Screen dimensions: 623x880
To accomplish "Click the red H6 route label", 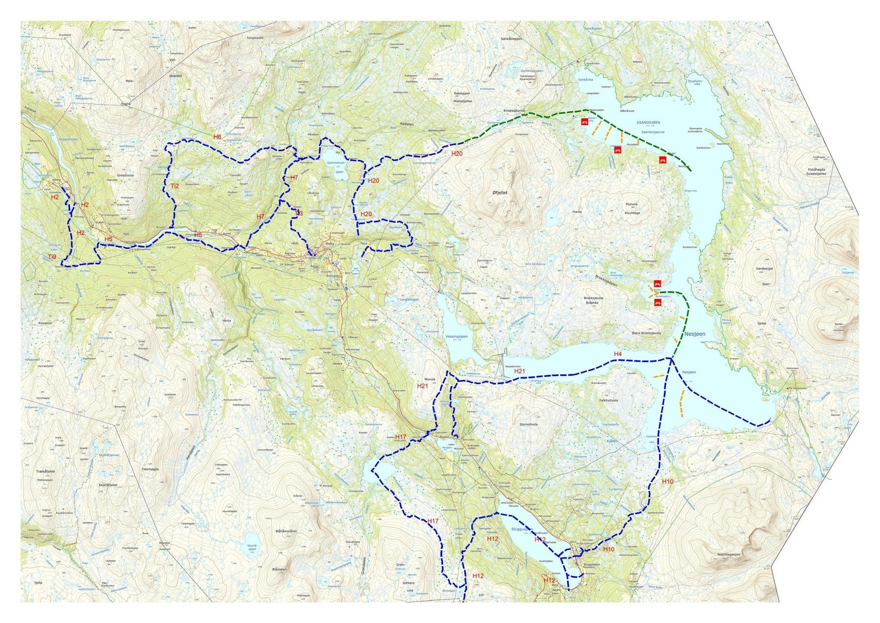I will click(217, 136).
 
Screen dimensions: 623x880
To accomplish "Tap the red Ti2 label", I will click(174, 186).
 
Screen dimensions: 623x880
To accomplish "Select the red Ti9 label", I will click(52, 257).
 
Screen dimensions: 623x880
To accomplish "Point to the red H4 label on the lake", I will click(618, 353).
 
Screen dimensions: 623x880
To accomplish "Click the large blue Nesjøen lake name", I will click(695, 334).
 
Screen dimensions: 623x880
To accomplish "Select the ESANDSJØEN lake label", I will click(647, 122).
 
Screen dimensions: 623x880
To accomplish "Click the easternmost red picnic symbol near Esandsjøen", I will click(663, 160).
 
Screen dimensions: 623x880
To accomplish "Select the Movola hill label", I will click(426, 379).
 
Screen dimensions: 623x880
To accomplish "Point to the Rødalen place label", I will click(408, 123).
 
